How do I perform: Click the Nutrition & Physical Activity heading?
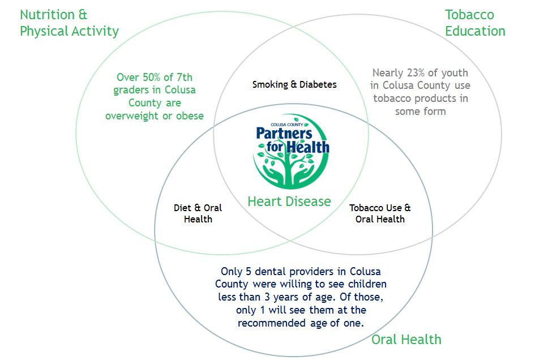click(69, 23)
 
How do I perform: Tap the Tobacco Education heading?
click(474, 23)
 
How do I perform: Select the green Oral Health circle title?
click(406, 340)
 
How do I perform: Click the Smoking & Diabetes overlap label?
click(294, 84)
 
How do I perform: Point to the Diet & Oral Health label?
click(198, 213)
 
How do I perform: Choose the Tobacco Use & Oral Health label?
click(380, 213)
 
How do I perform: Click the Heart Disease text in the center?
click(289, 201)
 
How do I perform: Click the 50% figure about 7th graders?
click(152, 78)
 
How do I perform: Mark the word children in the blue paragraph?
click(367, 284)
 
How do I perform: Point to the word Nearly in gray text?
click(387, 73)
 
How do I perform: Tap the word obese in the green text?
click(190, 116)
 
